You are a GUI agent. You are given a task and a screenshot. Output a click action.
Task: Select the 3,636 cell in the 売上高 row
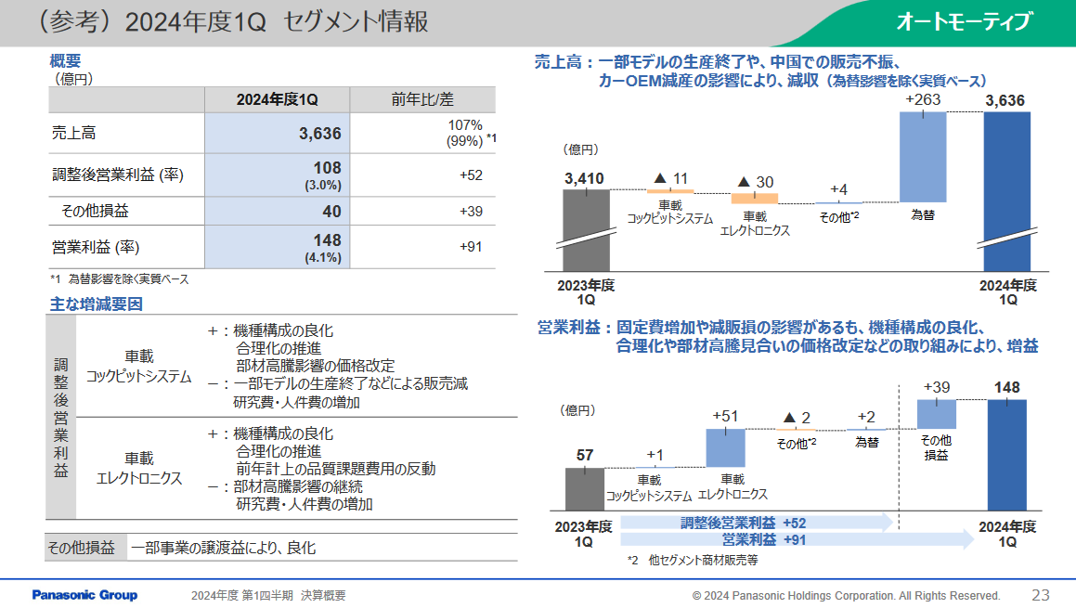point(320,134)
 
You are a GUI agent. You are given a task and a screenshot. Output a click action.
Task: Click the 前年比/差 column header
point(422,100)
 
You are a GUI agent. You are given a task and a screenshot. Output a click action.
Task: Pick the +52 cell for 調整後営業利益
point(471,175)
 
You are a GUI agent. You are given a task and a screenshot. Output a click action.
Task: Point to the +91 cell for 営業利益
point(471,247)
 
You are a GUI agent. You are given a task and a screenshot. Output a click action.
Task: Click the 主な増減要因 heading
point(96,304)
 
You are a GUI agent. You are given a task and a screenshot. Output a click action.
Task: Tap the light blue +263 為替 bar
point(923,156)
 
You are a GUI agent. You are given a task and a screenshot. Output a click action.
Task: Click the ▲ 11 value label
point(670,177)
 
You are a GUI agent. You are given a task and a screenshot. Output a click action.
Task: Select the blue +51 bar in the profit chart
point(725,446)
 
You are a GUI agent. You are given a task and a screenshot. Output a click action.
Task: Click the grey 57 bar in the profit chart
point(585,488)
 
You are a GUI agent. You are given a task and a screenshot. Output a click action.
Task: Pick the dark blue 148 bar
point(1007,454)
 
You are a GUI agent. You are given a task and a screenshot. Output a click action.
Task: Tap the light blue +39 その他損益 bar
point(937,413)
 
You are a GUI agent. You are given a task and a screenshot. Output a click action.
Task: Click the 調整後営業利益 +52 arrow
point(757,523)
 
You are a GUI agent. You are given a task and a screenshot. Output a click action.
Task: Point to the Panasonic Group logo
point(84,595)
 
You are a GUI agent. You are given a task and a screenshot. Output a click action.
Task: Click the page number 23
point(1040,595)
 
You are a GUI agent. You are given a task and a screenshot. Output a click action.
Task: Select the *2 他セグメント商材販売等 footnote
point(694,561)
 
